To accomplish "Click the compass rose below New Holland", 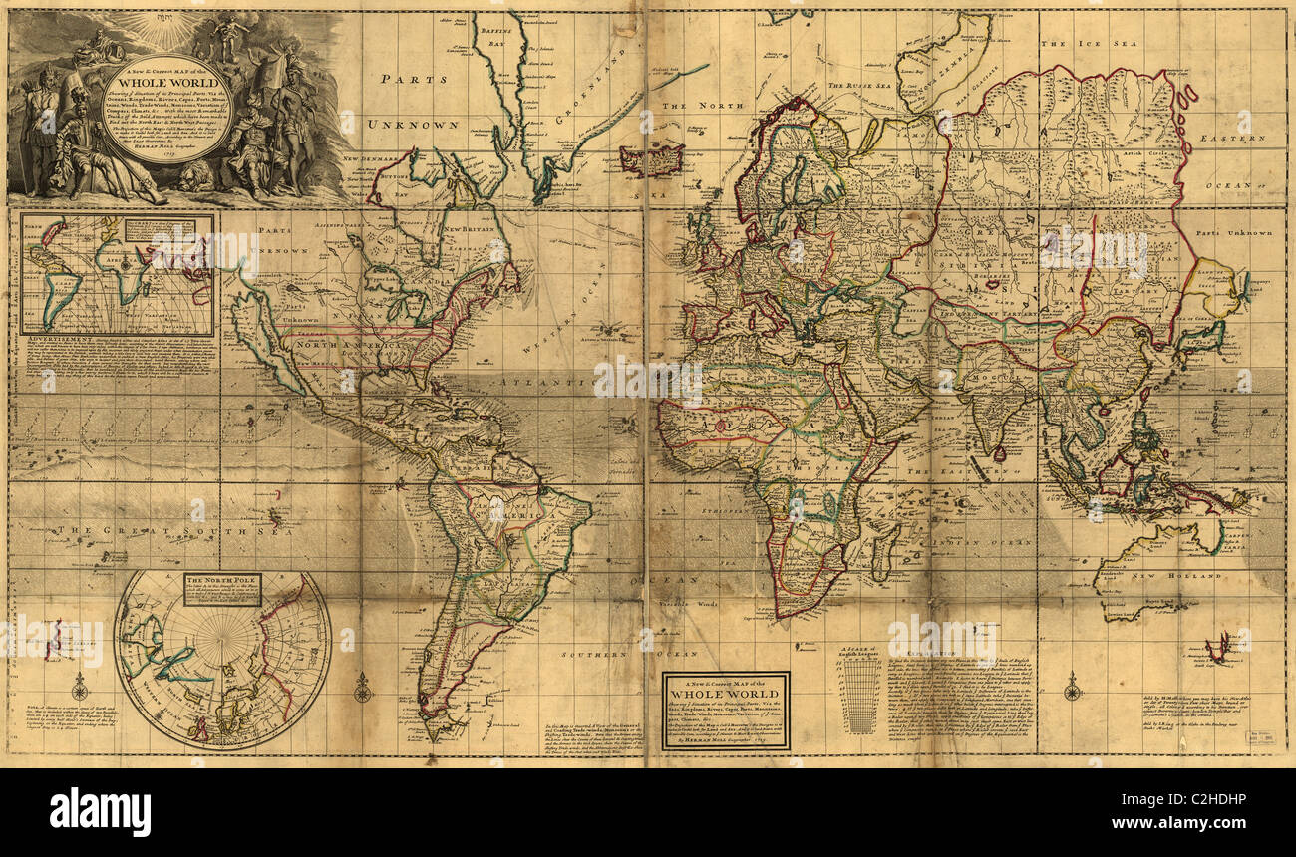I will tap(1072, 687).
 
